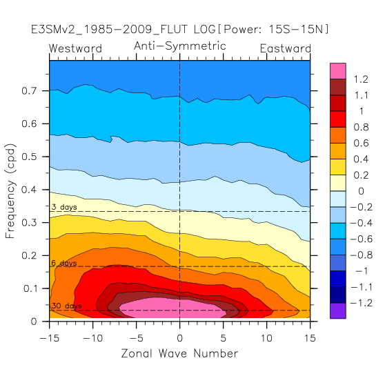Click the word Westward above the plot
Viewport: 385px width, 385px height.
point(75,48)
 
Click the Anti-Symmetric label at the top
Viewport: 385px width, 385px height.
point(179,46)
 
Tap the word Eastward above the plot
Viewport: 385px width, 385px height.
point(286,48)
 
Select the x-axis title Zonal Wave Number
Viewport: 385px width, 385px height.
point(179,353)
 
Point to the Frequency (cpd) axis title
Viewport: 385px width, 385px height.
point(10,191)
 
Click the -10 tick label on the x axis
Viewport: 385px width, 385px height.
point(93,338)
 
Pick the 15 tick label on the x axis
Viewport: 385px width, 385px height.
point(310,338)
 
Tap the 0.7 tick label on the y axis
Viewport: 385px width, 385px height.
point(29,91)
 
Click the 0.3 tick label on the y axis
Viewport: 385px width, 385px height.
point(29,223)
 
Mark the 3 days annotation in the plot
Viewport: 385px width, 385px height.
point(64,207)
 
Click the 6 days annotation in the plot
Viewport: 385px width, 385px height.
point(64,263)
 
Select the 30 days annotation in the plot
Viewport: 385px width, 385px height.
point(66,306)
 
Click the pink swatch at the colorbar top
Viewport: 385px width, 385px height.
point(338,71)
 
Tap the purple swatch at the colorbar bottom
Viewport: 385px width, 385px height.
point(338,310)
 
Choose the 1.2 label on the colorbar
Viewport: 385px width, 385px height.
point(361,79)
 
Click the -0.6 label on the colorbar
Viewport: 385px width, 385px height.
point(361,239)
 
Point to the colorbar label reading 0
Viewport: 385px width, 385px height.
point(361,191)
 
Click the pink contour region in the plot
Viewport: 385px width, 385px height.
point(172,308)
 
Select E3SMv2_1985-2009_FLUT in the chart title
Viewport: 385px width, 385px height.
point(109,30)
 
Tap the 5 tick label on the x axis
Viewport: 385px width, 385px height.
point(223,338)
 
